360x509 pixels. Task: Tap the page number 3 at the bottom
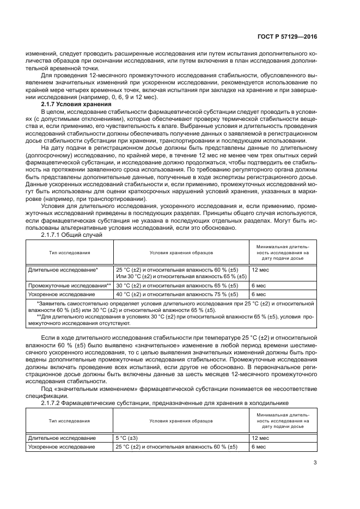coord(315,463)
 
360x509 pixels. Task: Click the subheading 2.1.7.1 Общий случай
coord(71,235)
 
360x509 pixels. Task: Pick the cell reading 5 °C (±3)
coord(127,438)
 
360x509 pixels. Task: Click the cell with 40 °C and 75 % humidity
coord(176,294)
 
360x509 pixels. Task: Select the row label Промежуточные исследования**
coord(70,285)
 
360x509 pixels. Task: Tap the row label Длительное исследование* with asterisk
coord(63,269)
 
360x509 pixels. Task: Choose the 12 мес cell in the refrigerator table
coord(260,438)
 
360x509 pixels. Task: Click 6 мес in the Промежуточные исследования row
coord(258,285)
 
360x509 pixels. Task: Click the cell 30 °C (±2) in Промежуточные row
coord(176,285)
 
